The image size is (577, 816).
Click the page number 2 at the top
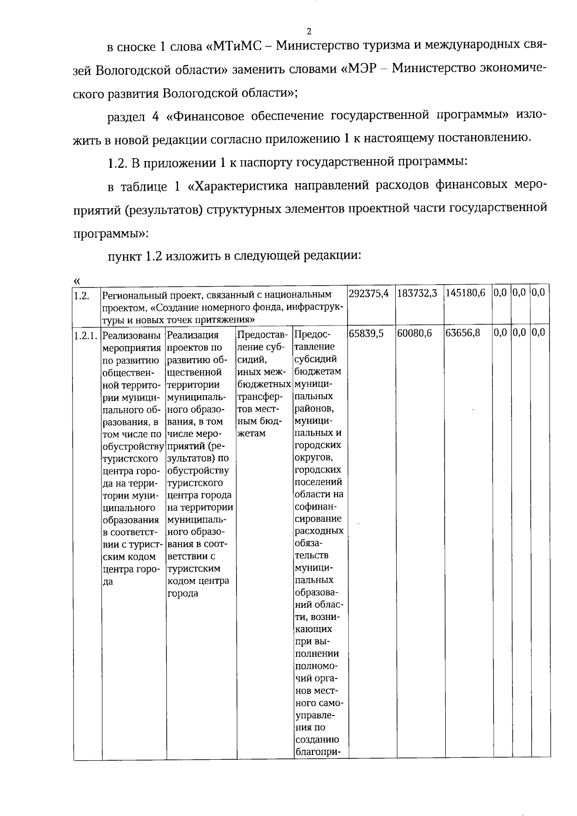click(x=309, y=32)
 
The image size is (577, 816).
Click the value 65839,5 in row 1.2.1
click(x=366, y=334)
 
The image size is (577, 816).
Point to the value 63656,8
click(x=463, y=334)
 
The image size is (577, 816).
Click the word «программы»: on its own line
click(x=111, y=234)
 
